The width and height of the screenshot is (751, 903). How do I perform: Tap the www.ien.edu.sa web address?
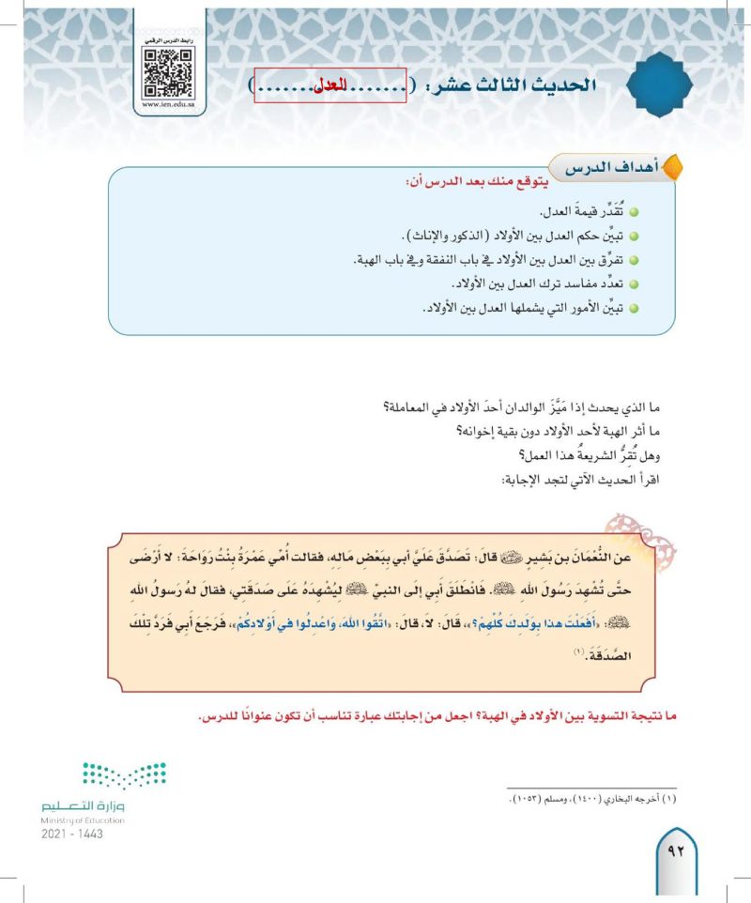point(169,105)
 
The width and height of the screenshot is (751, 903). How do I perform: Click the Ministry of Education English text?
point(82,819)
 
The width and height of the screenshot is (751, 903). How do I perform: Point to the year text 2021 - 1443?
point(72,834)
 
